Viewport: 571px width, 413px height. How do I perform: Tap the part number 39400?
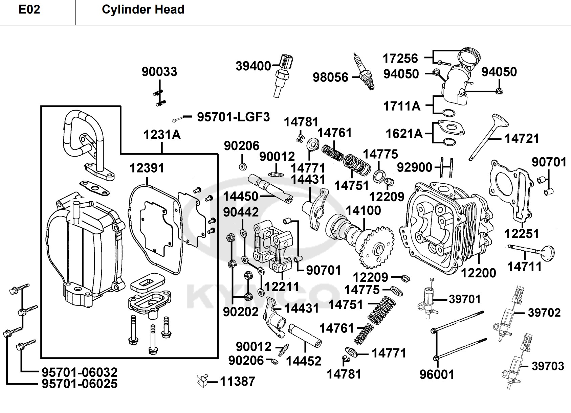(253, 66)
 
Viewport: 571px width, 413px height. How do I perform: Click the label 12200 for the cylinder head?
(479, 273)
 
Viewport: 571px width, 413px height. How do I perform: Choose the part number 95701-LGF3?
(233, 117)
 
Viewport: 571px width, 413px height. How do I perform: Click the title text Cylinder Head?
(143, 9)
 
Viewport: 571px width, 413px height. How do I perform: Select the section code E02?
(29, 9)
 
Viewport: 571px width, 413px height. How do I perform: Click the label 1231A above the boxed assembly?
(162, 135)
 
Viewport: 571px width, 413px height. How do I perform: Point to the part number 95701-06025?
(79, 384)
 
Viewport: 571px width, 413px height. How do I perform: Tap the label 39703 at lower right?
(548, 366)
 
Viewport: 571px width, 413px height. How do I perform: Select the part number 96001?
(437, 374)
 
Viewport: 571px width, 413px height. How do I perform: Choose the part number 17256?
(400, 59)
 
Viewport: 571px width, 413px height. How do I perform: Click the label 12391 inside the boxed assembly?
(147, 168)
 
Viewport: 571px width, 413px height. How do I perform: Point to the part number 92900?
(414, 167)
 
